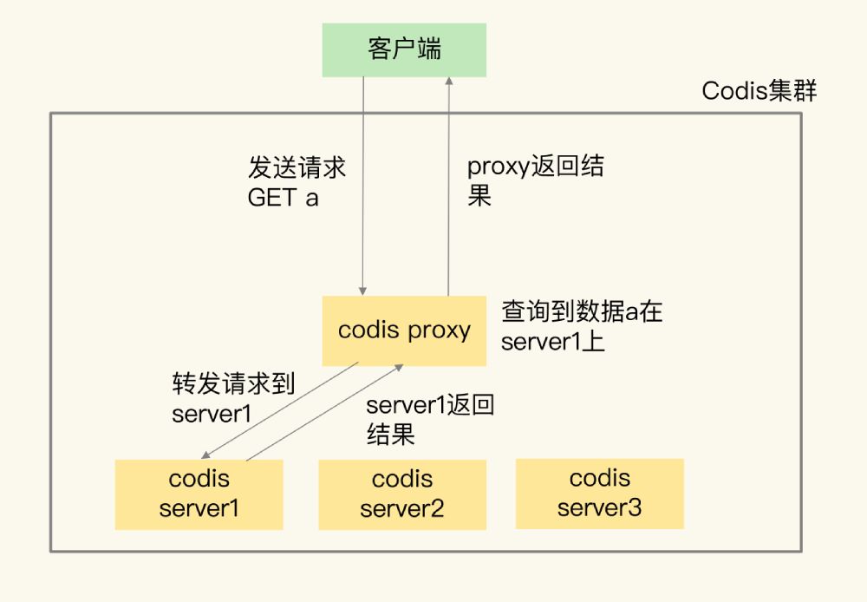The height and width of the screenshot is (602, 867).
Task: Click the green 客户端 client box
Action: tap(404, 49)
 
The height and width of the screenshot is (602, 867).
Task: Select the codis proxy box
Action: tap(404, 330)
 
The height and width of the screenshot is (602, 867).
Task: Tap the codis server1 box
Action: tap(199, 494)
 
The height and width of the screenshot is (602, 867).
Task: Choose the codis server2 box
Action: tap(401, 494)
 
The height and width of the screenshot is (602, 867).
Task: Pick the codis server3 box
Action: tap(599, 494)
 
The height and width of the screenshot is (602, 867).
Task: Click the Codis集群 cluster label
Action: tap(759, 92)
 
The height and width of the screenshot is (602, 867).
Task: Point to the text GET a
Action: tap(283, 198)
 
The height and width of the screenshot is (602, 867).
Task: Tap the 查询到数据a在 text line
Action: tap(582, 311)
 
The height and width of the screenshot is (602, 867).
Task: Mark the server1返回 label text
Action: tap(429, 405)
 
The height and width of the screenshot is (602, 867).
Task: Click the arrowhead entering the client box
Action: tap(448, 82)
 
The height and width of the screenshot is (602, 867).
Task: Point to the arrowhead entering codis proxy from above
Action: tap(363, 291)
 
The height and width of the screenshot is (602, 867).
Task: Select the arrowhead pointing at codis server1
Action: tap(204, 455)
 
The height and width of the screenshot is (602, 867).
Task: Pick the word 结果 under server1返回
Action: tap(390, 435)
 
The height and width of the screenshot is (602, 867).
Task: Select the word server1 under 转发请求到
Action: tap(212, 414)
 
